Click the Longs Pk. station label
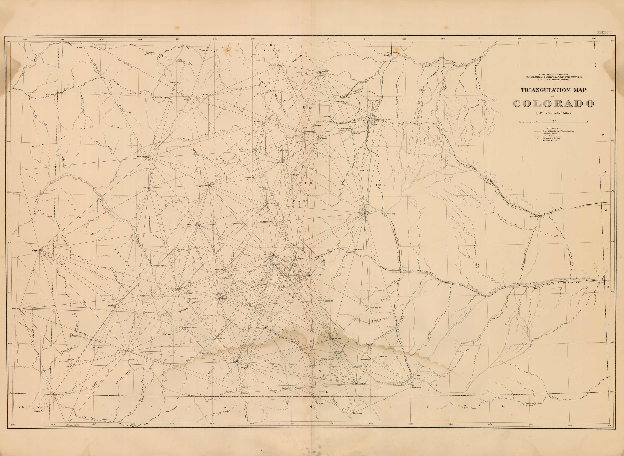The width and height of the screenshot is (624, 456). (x=324, y=72)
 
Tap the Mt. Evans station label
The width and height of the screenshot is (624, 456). (x=323, y=139)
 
